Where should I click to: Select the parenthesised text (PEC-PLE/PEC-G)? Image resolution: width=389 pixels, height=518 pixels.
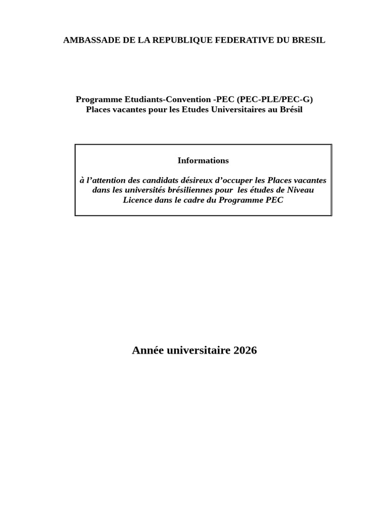coord(275,99)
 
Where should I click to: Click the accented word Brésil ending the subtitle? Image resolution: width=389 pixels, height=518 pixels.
coord(291,109)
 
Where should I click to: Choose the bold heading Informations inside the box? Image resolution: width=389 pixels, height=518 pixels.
coord(203,160)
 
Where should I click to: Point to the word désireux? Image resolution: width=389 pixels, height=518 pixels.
coord(197,180)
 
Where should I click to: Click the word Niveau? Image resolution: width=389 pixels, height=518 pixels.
coord(300,190)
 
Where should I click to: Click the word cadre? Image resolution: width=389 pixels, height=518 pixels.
coord(191,200)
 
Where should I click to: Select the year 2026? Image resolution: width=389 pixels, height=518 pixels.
coord(245,350)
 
